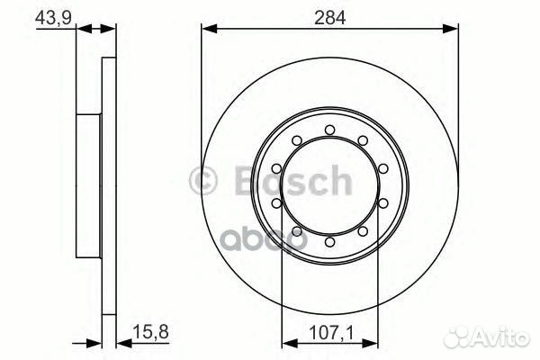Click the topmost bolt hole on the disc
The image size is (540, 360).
tap(330, 127)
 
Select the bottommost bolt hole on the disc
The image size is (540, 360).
tap(330, 242)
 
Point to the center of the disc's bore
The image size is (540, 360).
tap(330, 184)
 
